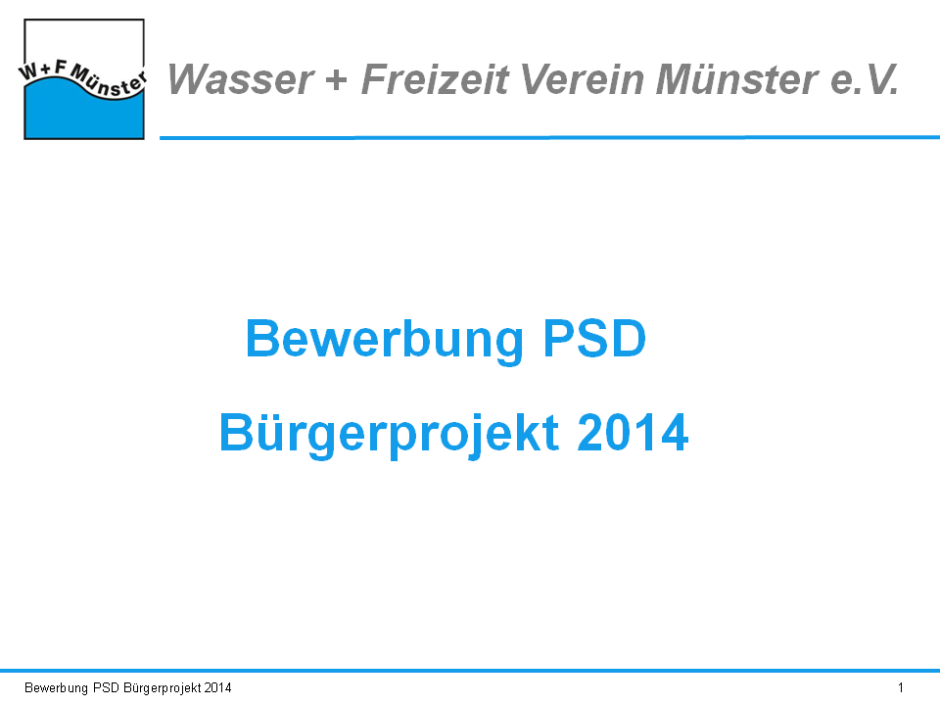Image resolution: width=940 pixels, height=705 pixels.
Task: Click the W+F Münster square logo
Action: tap(84, 79)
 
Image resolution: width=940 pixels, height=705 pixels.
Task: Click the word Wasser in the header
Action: tap(241, 79)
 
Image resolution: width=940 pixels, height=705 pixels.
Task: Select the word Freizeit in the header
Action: tap(435, 79)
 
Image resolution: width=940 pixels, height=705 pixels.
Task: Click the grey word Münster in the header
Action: tap(736, 79)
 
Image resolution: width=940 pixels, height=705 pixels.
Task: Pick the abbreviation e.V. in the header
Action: tap(865, 79)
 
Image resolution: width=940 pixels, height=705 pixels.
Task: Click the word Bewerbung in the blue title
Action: tap(385, 340)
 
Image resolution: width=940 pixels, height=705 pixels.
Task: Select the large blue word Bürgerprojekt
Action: tap(390, 434)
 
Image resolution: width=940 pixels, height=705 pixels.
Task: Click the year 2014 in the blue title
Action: tap(633, 432)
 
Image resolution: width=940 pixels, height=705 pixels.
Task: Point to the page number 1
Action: tap(901, 687)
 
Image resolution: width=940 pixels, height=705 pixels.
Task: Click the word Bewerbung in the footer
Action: tap(57, 688)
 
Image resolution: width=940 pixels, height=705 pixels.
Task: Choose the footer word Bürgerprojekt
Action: tap(162, 688)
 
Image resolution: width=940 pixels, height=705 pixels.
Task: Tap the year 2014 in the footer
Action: tap(217, 687)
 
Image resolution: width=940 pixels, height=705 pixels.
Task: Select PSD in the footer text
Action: tap(106, 687)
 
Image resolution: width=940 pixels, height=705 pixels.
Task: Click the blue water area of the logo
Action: tap(84, 117)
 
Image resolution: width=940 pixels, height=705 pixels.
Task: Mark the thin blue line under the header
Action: tap(549, 137)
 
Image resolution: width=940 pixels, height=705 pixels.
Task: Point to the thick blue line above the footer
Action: tap(470, 670)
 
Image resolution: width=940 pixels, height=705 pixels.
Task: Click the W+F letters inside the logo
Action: tap(43, 70)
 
